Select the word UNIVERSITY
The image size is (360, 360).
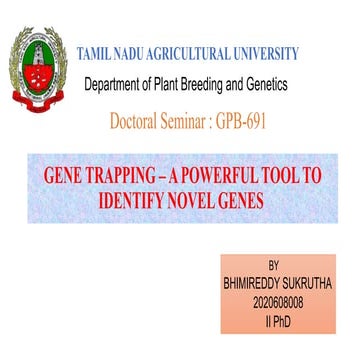click(291, 51)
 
